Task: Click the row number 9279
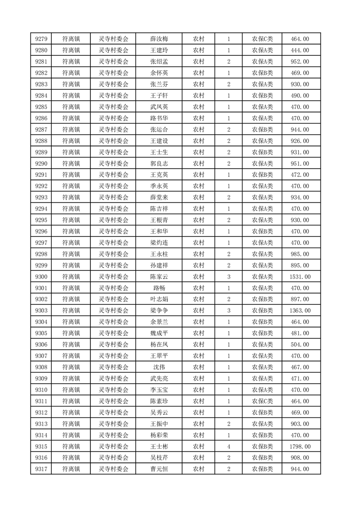(x=41, y=39)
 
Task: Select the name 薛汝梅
(x=159, y=39)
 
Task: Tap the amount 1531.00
(x=300, y=277)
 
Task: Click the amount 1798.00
(x=300, y=447)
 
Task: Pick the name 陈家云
(x=159, y=277)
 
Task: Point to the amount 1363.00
(x=300, y=311)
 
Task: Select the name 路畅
(x=159, y=288)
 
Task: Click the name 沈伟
(x=159, y=367)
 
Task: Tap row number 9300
(x=41, y=277)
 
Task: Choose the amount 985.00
(x=300, y=254)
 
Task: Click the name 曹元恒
(x=159, y=469)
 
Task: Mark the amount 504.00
(x=300, y=345)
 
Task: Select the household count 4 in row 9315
(x=228, y=447)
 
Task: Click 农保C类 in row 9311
(x=262, y=401)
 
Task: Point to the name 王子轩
(x=159, y=96)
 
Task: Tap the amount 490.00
(x=300, y=96)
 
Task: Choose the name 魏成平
(x=159, y=333)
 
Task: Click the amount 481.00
(x=300, y=333)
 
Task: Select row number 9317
(x=41, y=469)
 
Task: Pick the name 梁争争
(x=159, y=311)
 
